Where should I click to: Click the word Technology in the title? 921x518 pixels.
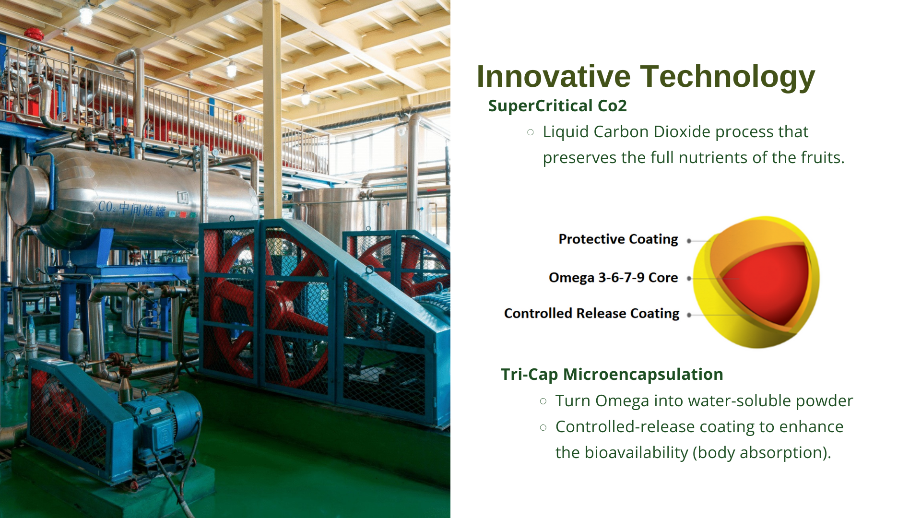point(728,77)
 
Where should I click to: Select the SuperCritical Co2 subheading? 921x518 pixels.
point(557,106)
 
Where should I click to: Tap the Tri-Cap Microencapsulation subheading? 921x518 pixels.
point(612,374)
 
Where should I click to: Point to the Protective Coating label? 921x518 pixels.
point(618,239)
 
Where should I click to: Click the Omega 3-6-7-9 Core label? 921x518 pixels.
point(613,278)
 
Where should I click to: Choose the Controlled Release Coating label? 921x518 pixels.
point(591,313)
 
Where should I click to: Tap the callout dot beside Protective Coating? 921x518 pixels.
point(689,241)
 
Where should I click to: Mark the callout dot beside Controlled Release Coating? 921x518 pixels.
point(689,315)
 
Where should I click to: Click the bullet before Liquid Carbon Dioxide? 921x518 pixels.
point(530,132)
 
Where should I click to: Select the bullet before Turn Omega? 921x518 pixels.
point(543,401)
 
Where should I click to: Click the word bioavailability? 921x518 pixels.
point(636,453)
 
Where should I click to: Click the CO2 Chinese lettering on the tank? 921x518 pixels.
point(132,209)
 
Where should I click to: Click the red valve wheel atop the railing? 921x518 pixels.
point(34,34)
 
